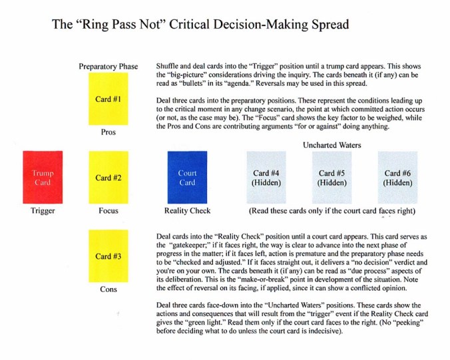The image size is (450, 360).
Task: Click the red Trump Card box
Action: click(x=42, y=177)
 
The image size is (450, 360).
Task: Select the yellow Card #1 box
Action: click(x=108, y=99)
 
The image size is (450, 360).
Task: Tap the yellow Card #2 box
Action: click(x=108, y=178)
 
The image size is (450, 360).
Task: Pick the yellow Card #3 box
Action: click(x=108, y=256)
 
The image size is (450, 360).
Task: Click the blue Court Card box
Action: click(x=187, y=178)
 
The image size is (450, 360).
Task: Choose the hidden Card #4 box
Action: click(x=266, y=178)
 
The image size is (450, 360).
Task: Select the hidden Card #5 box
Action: click(x=331, y=178)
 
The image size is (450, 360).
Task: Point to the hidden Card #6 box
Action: click(x=397, y=178)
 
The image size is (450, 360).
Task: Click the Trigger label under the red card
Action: click(x=42, y=211)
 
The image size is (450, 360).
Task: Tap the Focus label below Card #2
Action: click(x=108, y=211)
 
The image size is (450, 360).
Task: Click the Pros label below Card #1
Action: click(x=108, y=132)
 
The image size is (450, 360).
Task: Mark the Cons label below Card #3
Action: click(x=108, y=289)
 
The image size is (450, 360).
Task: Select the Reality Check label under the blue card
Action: click(x=187, y=211)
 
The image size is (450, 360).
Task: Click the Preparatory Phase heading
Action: click(x=108, y=67)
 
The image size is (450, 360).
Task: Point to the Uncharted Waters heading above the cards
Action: click(x=330, y=144)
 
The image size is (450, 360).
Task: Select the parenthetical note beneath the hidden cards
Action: click(x=332, y=211)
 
